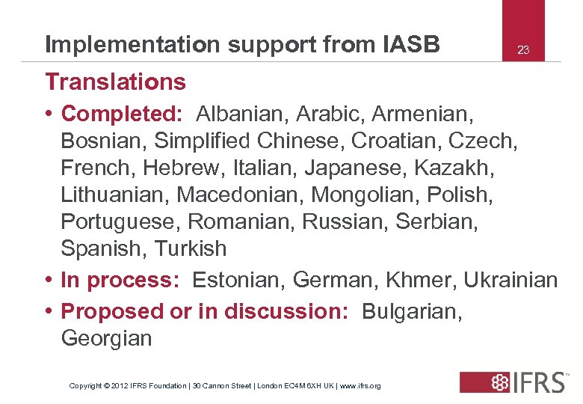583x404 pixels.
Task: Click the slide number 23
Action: pos(523,50)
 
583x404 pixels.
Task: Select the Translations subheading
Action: pos(115,81)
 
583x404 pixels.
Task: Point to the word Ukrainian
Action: pos(510,280)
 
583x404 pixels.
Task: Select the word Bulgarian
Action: pos(412,310)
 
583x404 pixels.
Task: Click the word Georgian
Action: pos(106,338)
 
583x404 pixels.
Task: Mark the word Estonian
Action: pos(239,280)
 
